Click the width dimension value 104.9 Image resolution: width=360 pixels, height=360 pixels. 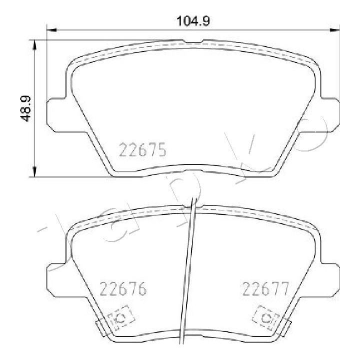pos(193,21)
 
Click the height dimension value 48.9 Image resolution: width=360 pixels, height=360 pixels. pos(25,108)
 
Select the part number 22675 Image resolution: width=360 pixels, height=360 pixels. pos(142,149)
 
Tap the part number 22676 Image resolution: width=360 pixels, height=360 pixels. pos(123,288)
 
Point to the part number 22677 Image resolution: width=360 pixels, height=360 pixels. pos(265,288)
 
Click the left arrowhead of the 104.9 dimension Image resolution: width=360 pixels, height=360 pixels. pos(51,30)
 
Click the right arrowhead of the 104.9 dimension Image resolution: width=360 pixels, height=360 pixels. pos(334,30)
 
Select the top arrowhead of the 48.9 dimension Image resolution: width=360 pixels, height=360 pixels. pos(34,45)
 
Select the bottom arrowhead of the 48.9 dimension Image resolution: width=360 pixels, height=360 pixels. pos(34,171)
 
